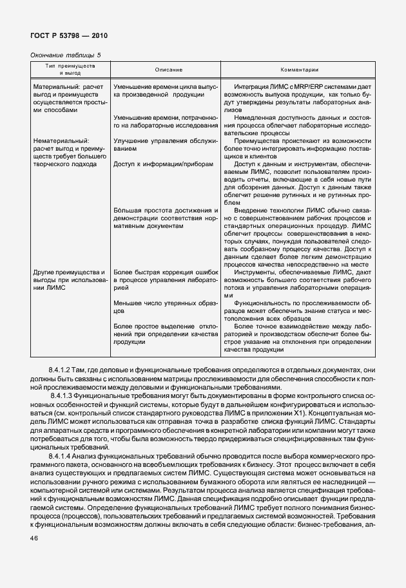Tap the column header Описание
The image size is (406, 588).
pos(168,70)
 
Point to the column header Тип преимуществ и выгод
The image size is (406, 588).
pos(70,70)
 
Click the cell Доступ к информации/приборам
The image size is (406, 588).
pos(162,164)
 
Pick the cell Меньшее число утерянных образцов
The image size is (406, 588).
pos(166,306)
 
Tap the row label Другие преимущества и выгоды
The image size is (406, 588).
pos(70,280)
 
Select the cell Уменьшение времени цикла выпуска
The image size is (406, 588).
pos(166,90)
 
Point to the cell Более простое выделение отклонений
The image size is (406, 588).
pos(166,334)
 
